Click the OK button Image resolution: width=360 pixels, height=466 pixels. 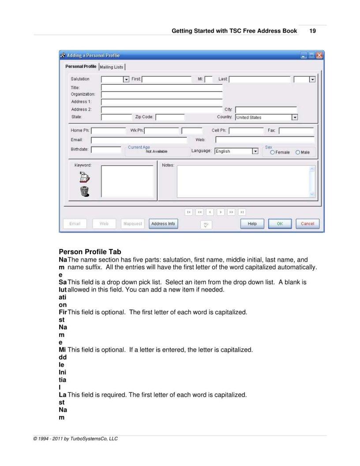[x=280, y=224]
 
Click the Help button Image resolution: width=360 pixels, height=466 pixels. [x=252, y=224]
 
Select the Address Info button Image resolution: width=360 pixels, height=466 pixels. [x=163, y=224]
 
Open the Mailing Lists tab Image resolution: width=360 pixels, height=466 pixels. [x=112, y=67]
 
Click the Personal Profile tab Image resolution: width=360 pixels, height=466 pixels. [x=81, y=67]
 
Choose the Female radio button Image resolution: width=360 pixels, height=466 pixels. [x=273, y=152]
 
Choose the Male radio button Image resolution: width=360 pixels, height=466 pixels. [x=298, y=152]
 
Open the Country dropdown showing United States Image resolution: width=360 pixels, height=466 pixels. [x=295, y=117]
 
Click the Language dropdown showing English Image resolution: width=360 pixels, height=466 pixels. [x=255, y=151]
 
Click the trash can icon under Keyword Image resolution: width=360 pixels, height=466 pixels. [x=84, y=191]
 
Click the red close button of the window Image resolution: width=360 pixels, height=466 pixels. [x=319, y=56]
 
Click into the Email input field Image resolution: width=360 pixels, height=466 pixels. [x=139, y=140]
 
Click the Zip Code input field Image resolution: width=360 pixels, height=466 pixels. [x=170, y=117]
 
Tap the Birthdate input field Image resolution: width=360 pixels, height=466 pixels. [x=106, y=150]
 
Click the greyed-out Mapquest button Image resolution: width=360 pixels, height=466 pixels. [x=132, y=224]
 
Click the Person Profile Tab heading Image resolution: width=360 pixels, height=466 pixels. [x=90, y=252]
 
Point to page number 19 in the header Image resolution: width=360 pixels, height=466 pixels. [x=312, y=31]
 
